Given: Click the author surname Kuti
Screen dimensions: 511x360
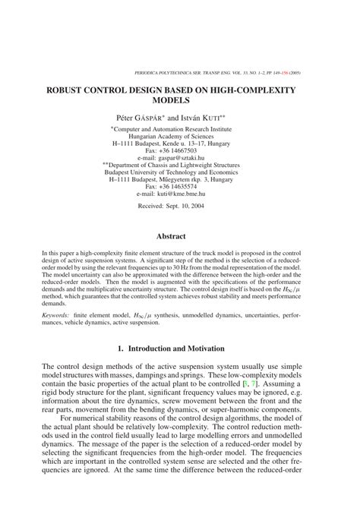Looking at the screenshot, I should (229, 118).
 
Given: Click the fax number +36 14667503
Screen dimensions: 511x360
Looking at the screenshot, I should (185, 150).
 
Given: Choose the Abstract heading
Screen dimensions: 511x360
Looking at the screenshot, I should (179, 236).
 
